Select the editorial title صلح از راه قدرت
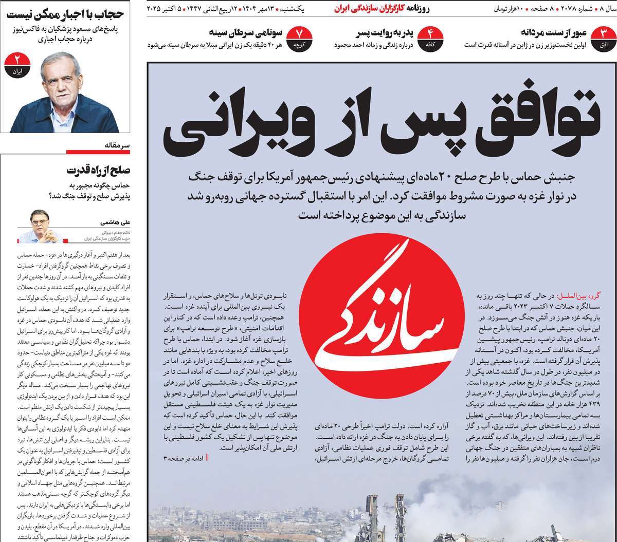[x=99, y=170]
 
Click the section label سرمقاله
[x=118, y=146]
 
